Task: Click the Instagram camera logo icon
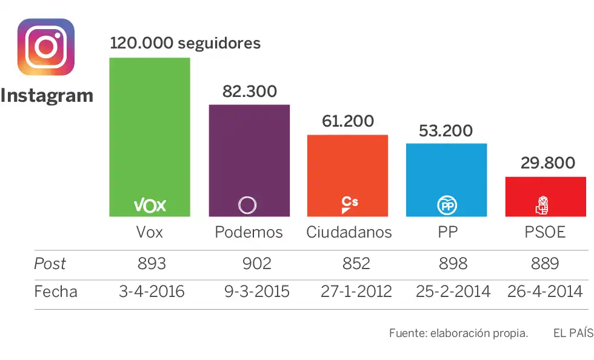[46, 47]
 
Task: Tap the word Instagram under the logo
[47, 95]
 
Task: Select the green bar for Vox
[150, 133]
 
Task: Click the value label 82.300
[250, 92]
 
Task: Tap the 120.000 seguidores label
[185, 43]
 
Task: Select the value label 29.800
[547, 163]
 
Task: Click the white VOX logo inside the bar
[150, 205]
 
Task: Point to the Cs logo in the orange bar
[349, 204]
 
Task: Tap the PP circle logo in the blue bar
[447, 206]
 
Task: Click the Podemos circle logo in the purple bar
[247, 205]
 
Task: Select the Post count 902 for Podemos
[256, 264]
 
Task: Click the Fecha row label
[56, 292]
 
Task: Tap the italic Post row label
[50, 264]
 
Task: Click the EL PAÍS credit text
[573, 333]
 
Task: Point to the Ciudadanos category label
[349, 232]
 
